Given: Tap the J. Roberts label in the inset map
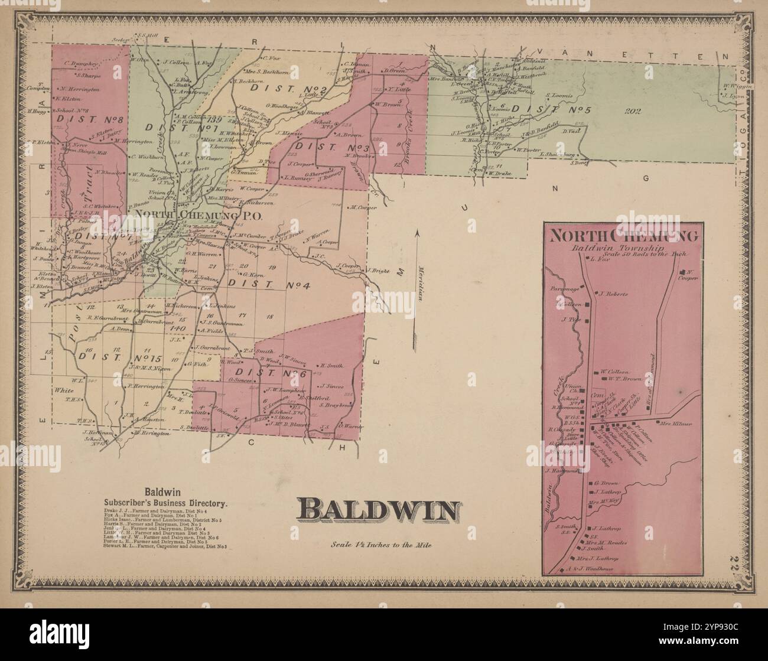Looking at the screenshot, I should tap(612, 293).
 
